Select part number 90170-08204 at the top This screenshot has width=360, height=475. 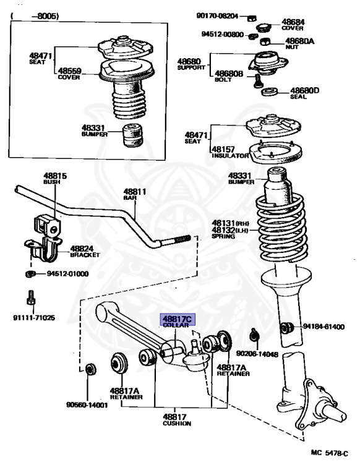click(217, 15)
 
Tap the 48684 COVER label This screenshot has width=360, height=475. click(293, 25)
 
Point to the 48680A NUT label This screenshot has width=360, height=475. click(300, 44)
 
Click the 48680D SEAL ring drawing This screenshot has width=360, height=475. click(269, 91)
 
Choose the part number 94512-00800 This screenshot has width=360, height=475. click(223, 35)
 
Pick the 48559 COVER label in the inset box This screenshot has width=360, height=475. click(69, 74)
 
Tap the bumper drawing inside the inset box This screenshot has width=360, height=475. click(132, 135)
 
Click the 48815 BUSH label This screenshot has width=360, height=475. click(55, 178)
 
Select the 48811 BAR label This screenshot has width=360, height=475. click(135, 194)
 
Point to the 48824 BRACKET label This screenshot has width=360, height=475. click(85, 252)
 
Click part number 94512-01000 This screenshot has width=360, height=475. click(67, 274)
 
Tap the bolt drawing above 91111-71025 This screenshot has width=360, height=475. click(31, 298)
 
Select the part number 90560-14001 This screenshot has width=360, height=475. click(87, 405)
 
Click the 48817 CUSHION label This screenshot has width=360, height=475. click(177, 420)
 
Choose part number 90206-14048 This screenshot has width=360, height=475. click(257, 354)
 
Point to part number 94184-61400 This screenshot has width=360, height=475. click(324, 327)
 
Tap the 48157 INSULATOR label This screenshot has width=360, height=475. click(230, 152)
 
